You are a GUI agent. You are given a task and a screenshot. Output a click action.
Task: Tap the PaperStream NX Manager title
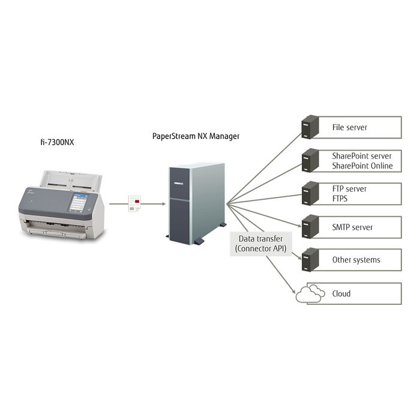(196, 136)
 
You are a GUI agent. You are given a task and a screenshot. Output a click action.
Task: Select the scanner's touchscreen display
(78, 202)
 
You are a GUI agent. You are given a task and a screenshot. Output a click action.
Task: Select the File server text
(349, 127)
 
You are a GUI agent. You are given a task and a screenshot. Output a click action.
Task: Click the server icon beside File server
(310, 127)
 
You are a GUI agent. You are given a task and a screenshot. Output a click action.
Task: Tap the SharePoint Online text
(362, 166)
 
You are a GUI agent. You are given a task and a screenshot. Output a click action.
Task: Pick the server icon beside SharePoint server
(310, 160)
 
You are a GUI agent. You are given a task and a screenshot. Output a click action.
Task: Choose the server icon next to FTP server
(310, 193)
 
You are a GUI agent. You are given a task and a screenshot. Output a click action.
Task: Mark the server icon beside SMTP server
(310, 227)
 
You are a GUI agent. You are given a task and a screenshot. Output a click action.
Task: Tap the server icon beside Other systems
(310, 260)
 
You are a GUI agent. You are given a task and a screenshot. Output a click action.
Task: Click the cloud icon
(310, 293)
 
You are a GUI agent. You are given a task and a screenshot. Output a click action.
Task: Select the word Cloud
(341, 294)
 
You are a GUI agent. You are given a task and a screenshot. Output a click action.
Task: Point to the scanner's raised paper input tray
(70, 180)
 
